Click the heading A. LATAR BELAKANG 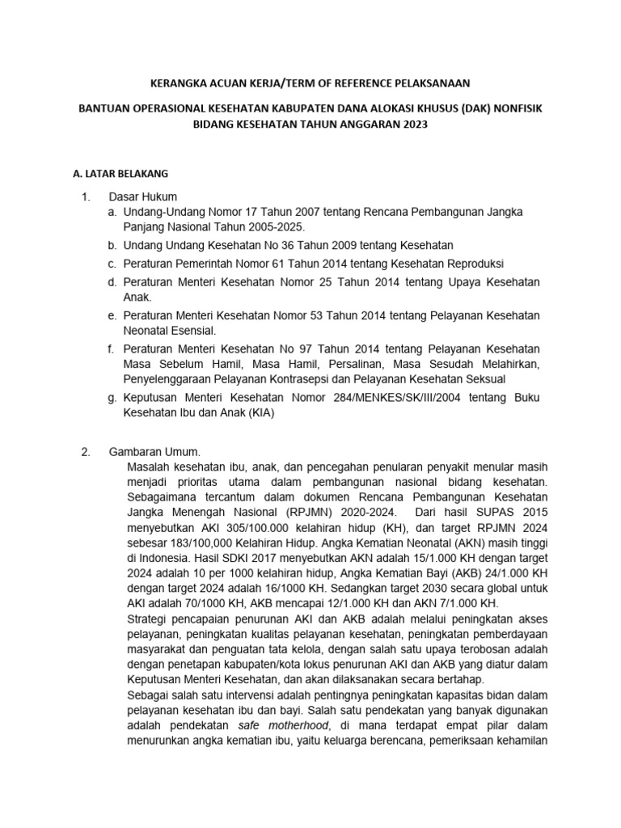click(120, 173)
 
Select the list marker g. click(112, 398)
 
